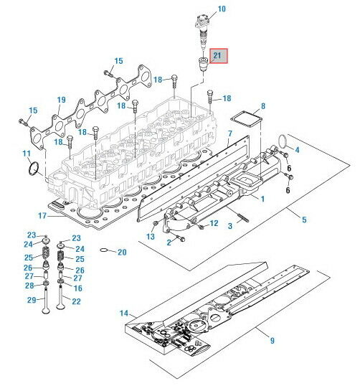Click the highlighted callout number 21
[218, 55]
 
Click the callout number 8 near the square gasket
[262, 106]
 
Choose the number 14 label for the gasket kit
[124, 313]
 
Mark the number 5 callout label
[305, 219]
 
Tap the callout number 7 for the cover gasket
[229, 133]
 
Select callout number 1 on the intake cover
[262, 198]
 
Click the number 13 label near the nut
[151, 236]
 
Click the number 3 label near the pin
[229, 225]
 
